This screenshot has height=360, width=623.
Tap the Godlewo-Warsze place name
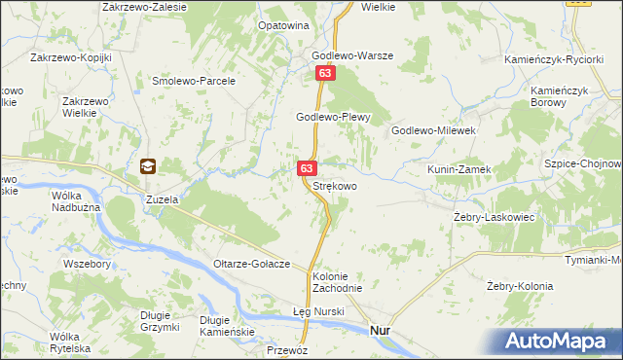[351, 55]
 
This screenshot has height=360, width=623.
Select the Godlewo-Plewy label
[336, 117]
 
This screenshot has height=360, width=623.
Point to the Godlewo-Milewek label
[432, 129]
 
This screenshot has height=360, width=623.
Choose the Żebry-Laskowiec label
[495, 217]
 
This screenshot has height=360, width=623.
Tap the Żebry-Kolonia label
[520, 286]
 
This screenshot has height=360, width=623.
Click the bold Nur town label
[382, 331]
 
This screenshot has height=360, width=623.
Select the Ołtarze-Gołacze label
[253, 265]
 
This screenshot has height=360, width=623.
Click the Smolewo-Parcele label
[195, 81]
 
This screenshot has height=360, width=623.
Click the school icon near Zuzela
[148, 166]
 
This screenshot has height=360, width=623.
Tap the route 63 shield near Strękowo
[307, 168]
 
